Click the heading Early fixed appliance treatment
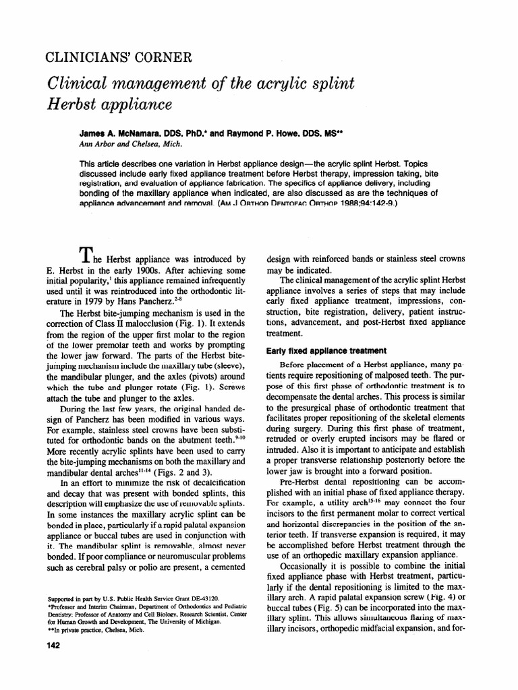click(x=326, y=350)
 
